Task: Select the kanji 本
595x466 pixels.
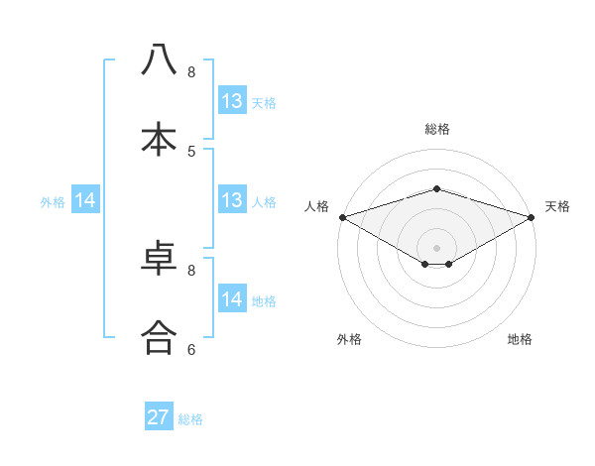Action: tap(160, 138)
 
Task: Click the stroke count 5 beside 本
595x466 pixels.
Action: tap(191, 151)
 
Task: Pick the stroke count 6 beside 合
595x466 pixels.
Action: tap(191, 349)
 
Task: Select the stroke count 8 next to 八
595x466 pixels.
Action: tap(191, 72)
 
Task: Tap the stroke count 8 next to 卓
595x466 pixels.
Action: tap(191, 270)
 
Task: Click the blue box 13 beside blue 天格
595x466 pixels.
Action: tap(232, 101)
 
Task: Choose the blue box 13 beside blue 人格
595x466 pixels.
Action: tap(232, 200)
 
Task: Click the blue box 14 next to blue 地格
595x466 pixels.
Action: tap(232, 299)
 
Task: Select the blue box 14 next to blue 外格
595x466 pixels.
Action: tap(85, 200)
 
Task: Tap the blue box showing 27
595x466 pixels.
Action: tap(159, 417)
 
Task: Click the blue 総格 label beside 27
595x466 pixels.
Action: tap(191, 419)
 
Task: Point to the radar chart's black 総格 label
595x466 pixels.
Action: tap(436, 129)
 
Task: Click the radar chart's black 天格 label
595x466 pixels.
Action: tap(557, 206)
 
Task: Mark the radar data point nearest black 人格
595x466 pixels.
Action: tap(342, 217)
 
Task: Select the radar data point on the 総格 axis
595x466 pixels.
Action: tap(436, 188)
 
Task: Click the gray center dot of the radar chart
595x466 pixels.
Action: tap(436, 247)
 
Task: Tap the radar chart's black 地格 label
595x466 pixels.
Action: tap(520, 339)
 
